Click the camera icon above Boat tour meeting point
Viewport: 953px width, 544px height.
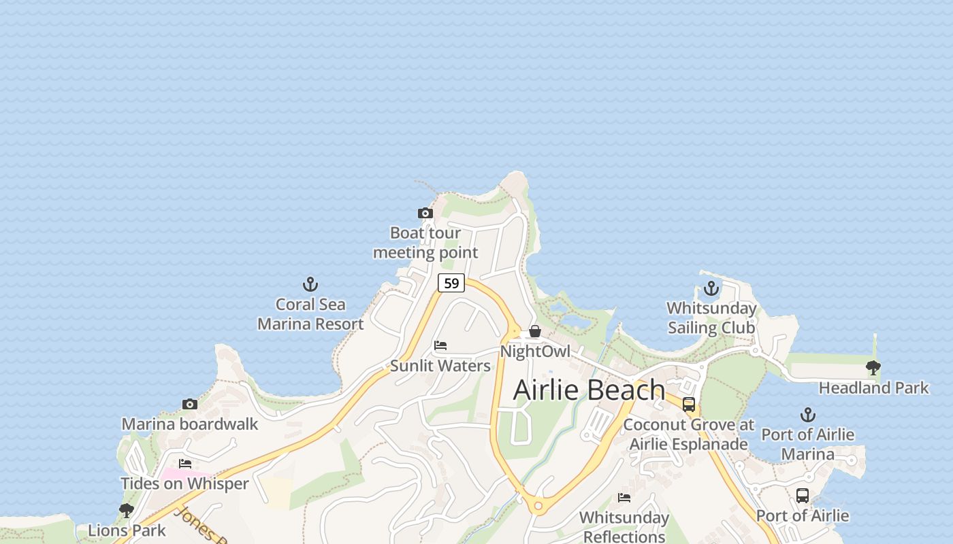[x=425, y=214]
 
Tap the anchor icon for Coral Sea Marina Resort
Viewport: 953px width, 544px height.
[x=310, y=284]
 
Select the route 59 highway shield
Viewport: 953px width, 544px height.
[x=451, y=283]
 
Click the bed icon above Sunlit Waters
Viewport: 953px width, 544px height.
[x=440, y=346]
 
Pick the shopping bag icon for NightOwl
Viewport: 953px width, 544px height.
[x=535, y=331]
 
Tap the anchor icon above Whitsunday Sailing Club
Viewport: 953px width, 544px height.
[x=711, y=288]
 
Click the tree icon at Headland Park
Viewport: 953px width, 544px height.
[x=873, y=369]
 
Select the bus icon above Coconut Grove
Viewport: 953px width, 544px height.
[x=689, y=405]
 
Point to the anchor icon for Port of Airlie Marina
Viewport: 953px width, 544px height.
[x=807, y=415]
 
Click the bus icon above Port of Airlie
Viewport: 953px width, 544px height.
[x=803, y=496]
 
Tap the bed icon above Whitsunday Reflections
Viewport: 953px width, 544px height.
[x=624, y=498]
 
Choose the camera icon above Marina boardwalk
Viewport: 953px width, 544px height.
[x=190, y=405]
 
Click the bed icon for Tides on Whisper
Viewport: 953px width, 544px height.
[x=185, y=464]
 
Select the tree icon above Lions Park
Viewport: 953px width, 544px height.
[x=127, y=510]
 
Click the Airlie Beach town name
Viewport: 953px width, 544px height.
[x=589, y=390]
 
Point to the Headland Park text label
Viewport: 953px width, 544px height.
[x=873, y=388]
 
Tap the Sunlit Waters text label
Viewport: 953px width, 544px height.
[x=440, y=366]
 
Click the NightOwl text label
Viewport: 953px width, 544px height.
[x=535, y=352]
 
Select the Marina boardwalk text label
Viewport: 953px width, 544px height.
[x=190, y=424]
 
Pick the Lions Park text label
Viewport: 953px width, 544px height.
[x=127, y=530]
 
